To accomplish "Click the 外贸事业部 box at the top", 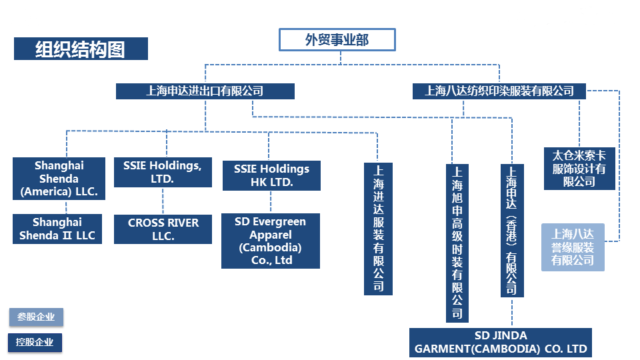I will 337,40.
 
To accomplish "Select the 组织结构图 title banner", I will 81,49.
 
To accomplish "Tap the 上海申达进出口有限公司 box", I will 205,91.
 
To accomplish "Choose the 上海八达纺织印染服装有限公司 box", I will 499,91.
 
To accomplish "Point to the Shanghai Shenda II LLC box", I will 57,229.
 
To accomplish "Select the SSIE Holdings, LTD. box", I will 163,172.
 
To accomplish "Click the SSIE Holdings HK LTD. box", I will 271,175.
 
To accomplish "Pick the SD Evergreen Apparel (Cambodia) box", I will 271,241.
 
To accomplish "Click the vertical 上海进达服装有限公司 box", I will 378,229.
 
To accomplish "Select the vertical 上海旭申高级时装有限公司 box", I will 457,243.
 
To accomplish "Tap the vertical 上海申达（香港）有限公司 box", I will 511,230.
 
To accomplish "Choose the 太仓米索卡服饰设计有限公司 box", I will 579,168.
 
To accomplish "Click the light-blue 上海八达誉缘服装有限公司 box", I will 573,247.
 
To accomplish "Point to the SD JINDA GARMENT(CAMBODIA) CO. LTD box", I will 501,342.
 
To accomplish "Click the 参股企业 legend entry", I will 36,317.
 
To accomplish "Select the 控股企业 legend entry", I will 36,343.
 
